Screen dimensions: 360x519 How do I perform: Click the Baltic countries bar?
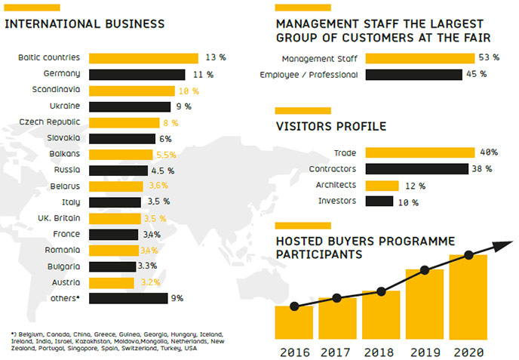[x=143, y=58]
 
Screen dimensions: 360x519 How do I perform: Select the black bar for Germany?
[x=137, y=74]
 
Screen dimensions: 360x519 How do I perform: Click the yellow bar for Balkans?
[x=121, y=154]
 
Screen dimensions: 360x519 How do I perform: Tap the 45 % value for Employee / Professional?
[x=476, y=75]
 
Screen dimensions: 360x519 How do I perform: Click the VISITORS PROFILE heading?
[x=331, y=127]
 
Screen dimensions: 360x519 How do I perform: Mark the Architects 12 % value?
[x=415, y=186]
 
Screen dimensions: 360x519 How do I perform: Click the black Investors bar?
[x=379, y=202]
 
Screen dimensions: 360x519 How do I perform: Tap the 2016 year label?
[x=293, y=352]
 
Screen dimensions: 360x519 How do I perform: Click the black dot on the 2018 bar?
[x=381, y=291]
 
